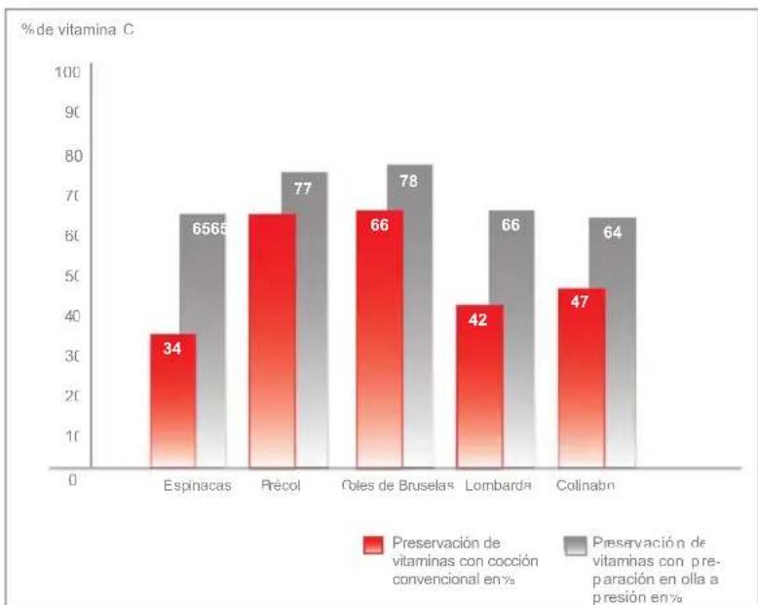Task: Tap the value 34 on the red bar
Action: tap(172, 348)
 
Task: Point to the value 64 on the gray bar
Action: tap(613, 233)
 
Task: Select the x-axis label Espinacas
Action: tap(198, 486)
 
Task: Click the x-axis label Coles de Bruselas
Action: tap(399, 486)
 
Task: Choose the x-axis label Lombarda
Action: tap(498, 486)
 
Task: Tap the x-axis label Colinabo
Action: tap(586, 486)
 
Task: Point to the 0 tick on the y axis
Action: tap(72, 479)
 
